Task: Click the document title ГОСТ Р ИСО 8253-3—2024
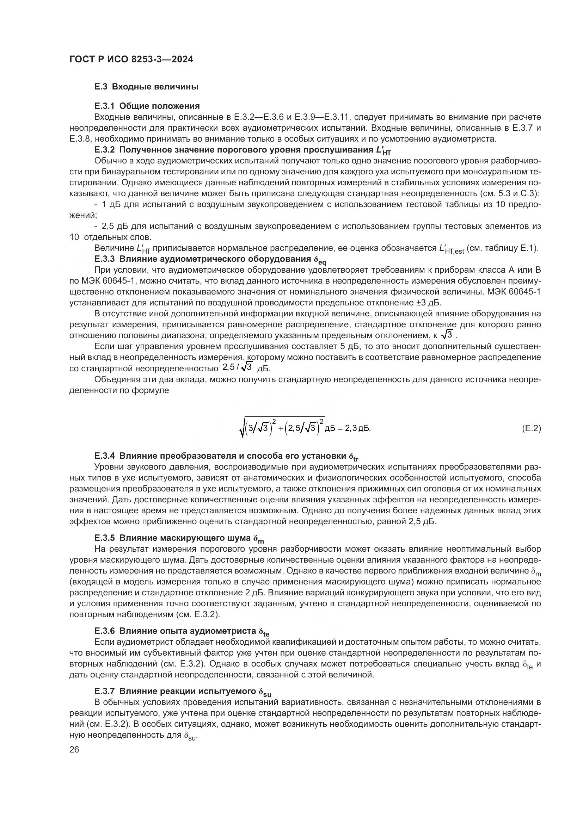tap(131, 60)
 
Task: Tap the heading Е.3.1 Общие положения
tap(147, 106)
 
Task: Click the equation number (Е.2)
tap(531, 428)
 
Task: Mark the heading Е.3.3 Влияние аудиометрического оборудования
tap(210, 260)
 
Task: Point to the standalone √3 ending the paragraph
tap(447, 335)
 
